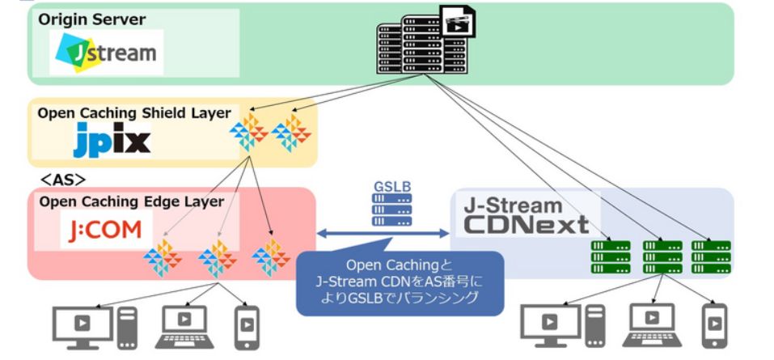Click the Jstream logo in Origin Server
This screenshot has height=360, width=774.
coord(106,53)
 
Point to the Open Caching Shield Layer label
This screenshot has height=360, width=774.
coord(133,112)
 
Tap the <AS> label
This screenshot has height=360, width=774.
coord(64,178)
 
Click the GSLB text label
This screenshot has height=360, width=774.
coord(391,185)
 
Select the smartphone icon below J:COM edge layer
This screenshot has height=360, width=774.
coord(247,325)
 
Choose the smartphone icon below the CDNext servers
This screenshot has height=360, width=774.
coord(714,325)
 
